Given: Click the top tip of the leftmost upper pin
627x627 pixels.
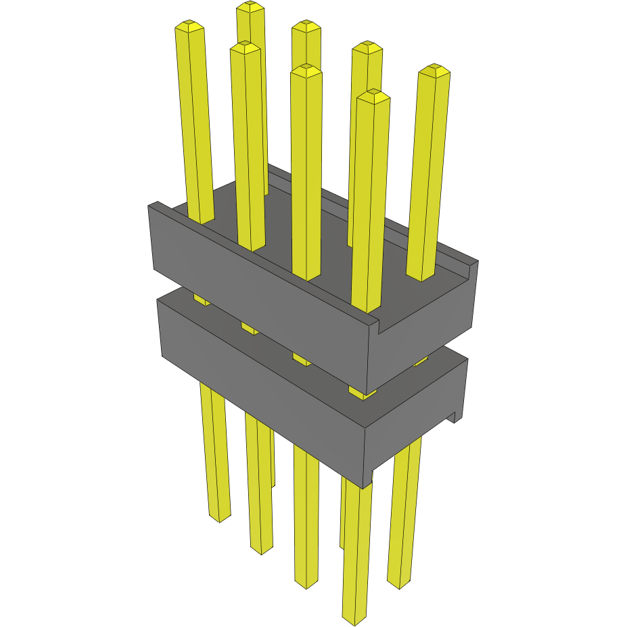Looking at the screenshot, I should click(x=189, y=26).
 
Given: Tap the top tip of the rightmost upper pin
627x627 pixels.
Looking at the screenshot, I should click(x=434, y=70).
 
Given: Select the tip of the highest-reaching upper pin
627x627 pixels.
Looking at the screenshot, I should click(x=250, y=6).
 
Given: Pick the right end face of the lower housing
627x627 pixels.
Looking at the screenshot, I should click(x=416, y=413).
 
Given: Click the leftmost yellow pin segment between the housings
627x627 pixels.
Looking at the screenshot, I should click(x=201, y=298).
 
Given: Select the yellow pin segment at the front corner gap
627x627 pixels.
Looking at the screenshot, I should click(x=362, y=392).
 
